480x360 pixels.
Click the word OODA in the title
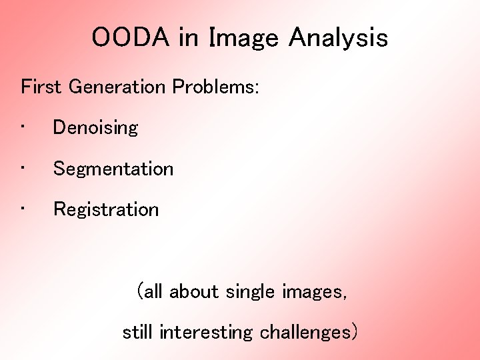(131, 38)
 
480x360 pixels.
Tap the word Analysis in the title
(338, 38)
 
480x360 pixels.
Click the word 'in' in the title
(189, 38)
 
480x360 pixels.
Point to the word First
(42, 87)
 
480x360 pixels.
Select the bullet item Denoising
(95, 127)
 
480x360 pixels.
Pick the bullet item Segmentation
(113, 169)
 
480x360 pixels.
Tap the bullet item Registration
(106, 209)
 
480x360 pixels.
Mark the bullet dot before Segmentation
(23, 167)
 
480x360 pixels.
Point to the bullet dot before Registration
(23, 208)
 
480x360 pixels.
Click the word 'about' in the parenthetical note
(194, 291)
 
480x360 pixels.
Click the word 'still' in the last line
(138, 332)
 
